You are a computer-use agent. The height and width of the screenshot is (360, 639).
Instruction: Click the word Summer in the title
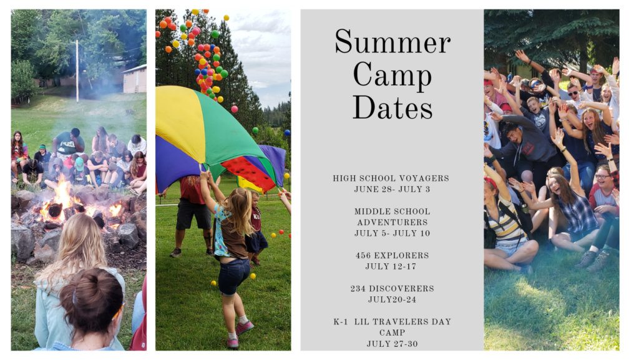coord(393,41)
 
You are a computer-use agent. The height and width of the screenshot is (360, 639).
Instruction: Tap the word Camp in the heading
coord(393,76)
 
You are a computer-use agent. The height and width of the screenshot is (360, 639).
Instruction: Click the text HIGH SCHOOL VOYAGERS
coord(391,178)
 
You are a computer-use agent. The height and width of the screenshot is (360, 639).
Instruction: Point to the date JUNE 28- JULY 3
coord(392,190)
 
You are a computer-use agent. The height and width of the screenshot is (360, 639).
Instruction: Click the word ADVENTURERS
coord(393,222)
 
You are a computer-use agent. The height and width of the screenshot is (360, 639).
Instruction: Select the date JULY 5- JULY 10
coord(392,233)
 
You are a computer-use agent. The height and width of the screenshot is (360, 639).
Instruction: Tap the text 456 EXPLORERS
coord(392,255)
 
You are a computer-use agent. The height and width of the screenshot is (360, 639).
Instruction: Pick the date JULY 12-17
coord(391,266)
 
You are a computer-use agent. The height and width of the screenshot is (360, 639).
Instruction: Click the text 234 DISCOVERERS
coord(392,288)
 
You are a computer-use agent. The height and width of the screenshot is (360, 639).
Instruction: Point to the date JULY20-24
coord(392,299)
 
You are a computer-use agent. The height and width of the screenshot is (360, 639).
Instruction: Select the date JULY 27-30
coord(392,344)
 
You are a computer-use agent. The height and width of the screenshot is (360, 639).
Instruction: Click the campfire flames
coord(65,200)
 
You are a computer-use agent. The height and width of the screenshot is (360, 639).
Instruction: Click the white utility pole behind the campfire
coord(77,71)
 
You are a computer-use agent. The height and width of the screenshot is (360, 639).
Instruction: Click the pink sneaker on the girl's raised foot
coord(244,328)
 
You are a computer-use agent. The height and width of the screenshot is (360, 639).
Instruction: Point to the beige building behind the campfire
coord(135,79)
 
